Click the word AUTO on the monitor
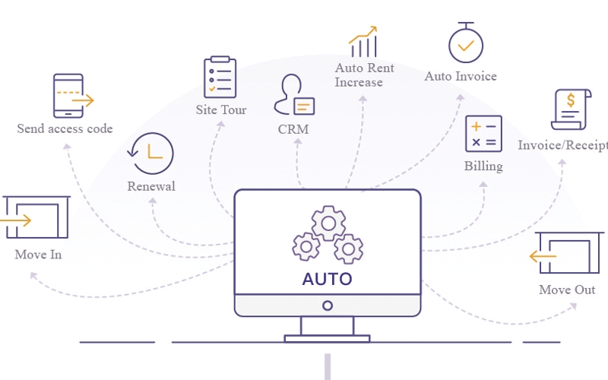click(x=327, y=278)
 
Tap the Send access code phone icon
click(x=69, y=96)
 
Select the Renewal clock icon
click(x=152, y=154)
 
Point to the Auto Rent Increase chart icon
click(x=364, y=43)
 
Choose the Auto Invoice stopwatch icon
click(x=465, y=43)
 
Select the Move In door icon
click(x=36, y=220)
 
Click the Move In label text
click(x=38, y=255)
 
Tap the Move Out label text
click(x=567, y=290)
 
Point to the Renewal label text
click(x=151, y=186)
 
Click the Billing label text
click(x=483, y=166)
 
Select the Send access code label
click(x=65, y=128)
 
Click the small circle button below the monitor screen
click(x=328, y=306)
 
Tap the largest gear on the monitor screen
click(x=328, y=223)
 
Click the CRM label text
click(x=293, y=129)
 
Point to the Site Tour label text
click(x=221, y=110)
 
